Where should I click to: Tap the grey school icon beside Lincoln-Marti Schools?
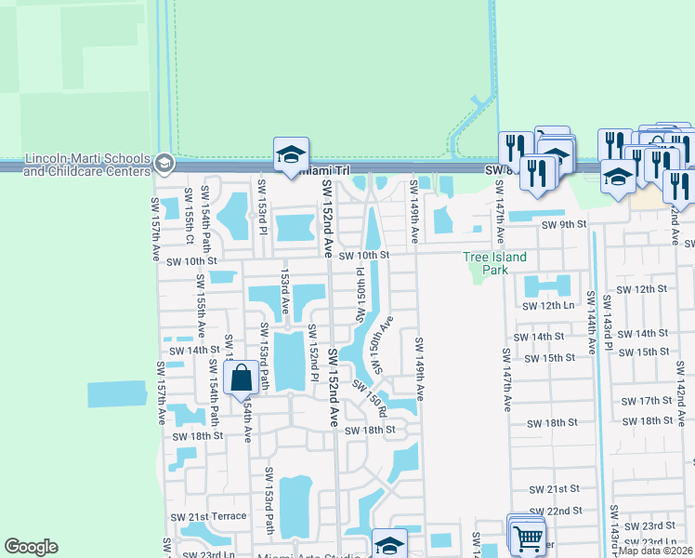pos(164,164)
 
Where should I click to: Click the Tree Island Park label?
pos(495,263)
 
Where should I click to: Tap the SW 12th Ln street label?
pos(548,305)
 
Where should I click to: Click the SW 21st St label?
pos(554,488)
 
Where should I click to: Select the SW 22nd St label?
pos(555,511)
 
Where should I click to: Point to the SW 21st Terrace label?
pos(217,516)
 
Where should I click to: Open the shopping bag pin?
pos(242,379)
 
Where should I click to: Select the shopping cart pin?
pos(528,537)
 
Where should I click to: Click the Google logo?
pos(31,547)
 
